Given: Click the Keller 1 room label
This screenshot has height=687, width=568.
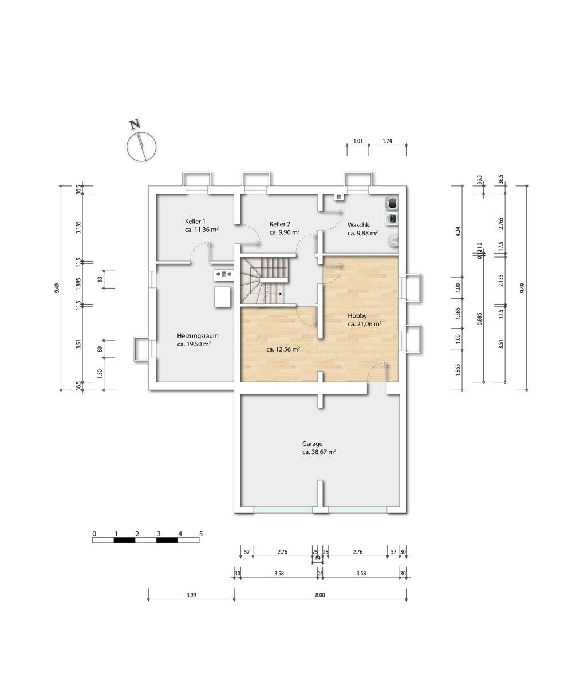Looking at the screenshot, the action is click(195, 222).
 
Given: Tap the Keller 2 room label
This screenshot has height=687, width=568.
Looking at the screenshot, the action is click(280, 224).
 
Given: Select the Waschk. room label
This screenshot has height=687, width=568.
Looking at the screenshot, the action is click(359, 226).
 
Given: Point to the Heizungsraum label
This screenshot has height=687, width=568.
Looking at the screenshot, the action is click(198, 336).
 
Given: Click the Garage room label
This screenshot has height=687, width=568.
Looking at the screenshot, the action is click(312, 444).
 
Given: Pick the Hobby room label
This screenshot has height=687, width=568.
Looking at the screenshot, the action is click(357, 316).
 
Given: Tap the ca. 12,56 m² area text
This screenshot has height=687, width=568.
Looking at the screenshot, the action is click(283, 349).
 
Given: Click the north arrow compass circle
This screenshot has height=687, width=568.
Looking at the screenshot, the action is click(142, 147).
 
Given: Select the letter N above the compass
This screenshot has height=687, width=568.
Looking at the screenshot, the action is click(135, 125).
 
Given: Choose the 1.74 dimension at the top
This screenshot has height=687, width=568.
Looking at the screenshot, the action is click(387, 141).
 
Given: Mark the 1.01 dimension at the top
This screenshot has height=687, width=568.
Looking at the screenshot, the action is click(358, 141).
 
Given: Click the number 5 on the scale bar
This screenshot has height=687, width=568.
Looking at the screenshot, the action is click(201, 534).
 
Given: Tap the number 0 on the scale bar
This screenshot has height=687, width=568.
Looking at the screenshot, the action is click(94, 534).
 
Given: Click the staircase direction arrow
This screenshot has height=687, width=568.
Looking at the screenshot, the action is click(274, 294).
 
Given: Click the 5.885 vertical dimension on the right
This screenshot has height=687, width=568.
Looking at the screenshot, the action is click(480, 319).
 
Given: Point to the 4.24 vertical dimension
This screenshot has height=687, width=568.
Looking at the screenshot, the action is click(457, 231).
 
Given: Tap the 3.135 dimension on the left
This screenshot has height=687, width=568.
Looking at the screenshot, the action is click(78, 227).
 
